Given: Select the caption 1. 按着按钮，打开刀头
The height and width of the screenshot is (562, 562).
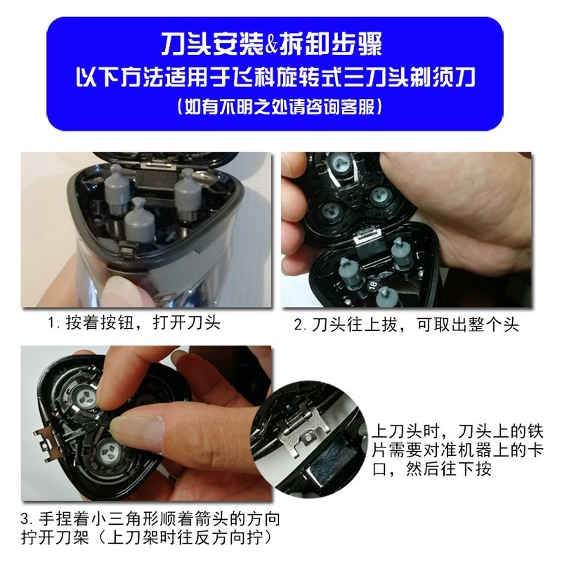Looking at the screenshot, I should [135, 325].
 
